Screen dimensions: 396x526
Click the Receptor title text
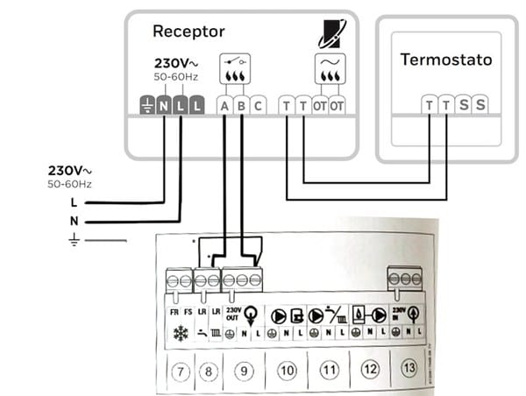point(188,32)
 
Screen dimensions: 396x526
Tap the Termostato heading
point(446,60)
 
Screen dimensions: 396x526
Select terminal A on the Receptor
point(224,106)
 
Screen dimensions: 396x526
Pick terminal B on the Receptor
point(241,106)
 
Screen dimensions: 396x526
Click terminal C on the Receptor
point(258,106)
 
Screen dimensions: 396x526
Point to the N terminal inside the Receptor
point(164,106)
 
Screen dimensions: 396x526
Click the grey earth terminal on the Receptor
point(147,106)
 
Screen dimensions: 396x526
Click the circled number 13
point(409,370)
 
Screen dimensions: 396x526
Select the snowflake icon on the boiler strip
point(181,334)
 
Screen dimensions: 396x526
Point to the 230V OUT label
point(232,313)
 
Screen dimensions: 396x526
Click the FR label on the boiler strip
point(174,311)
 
